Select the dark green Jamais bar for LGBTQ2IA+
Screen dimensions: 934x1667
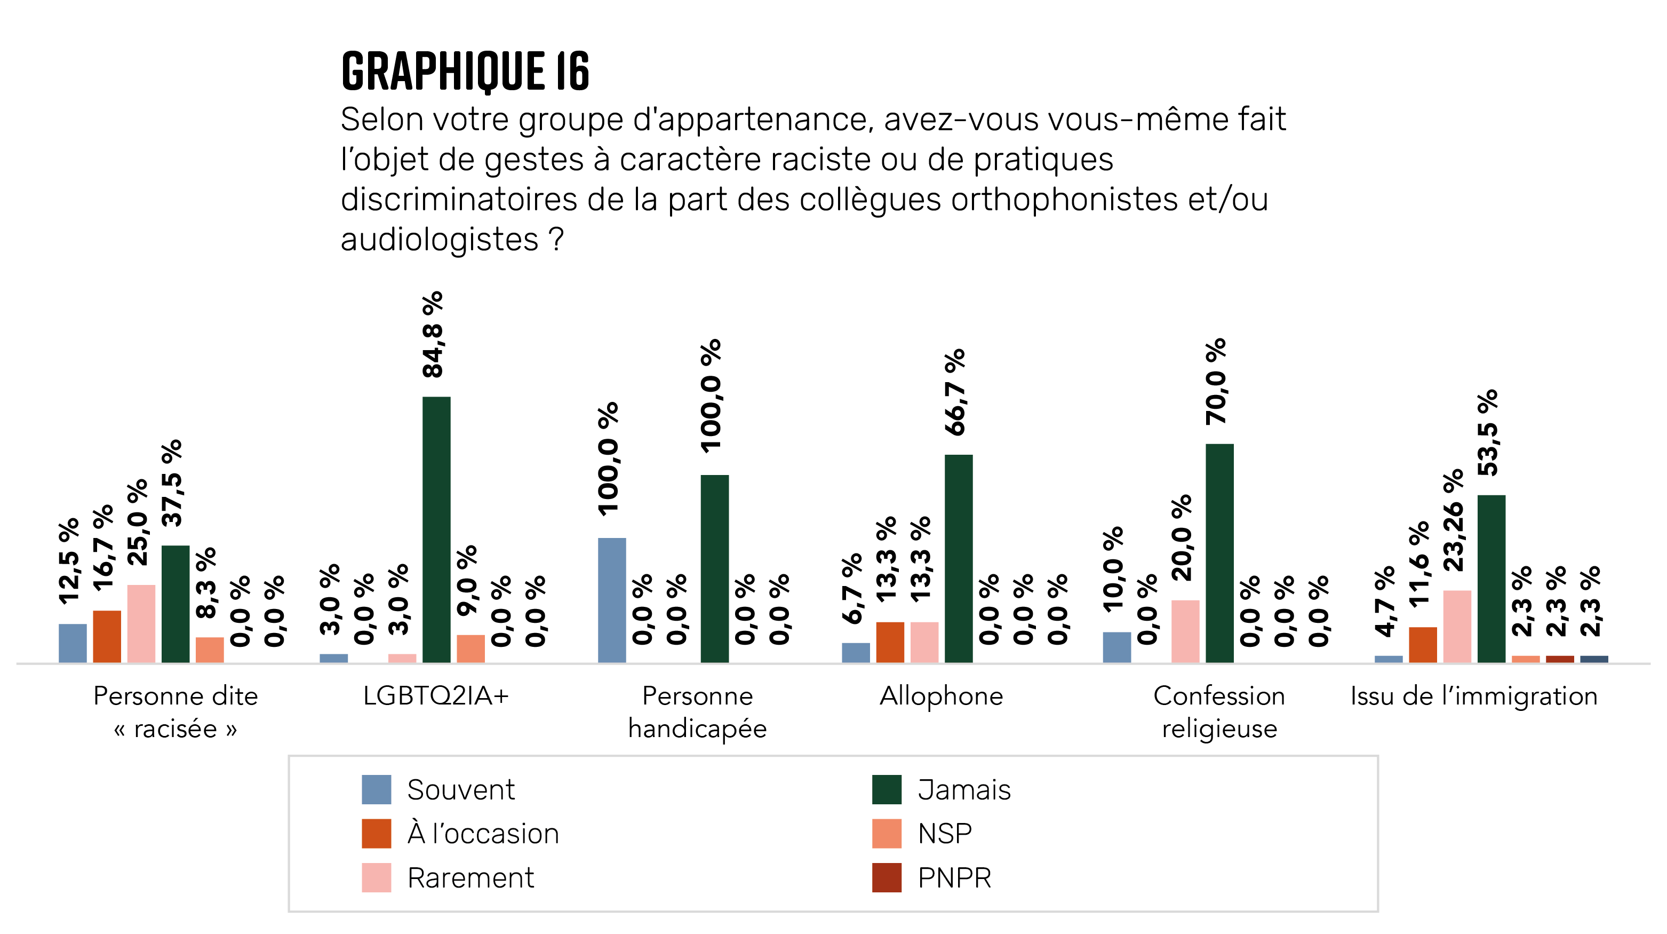(436, 529)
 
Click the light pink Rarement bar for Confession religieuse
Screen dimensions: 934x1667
(1185, 630)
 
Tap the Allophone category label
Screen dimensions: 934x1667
(941, 696)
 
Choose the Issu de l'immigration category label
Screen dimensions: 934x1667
(1473, 696)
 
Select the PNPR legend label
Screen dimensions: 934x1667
(954, 877)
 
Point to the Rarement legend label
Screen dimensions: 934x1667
(470, 877)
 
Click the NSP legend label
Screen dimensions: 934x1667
(944, 833)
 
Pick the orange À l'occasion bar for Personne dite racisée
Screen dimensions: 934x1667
(107, 636)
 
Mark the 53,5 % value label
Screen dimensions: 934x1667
(1488, 432)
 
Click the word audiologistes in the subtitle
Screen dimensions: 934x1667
(440, 240)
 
